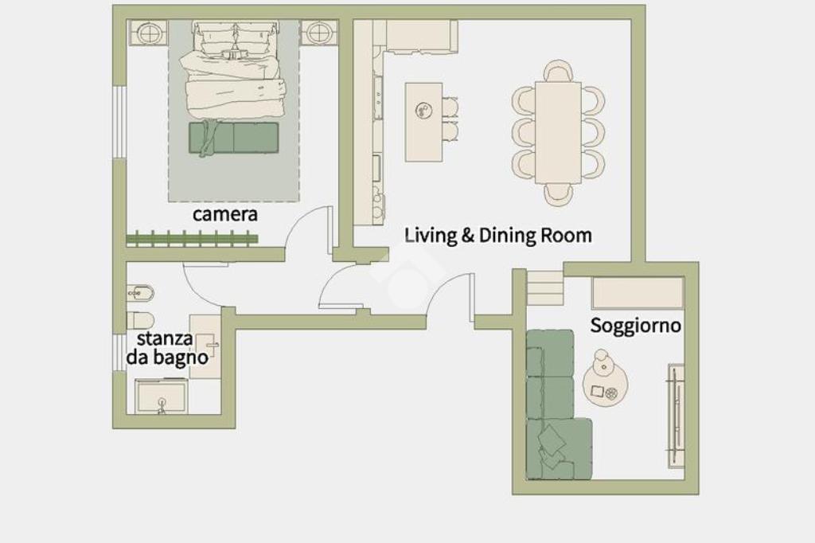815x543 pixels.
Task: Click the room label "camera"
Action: click(x=225, y=214)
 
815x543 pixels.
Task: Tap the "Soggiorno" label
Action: click(x=635, y=326)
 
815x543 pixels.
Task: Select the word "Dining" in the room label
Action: click(x=507, y=235)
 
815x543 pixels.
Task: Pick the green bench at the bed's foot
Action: click(x=233, y=138)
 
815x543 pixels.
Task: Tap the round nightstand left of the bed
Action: click(x=149, y=33)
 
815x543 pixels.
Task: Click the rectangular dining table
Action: click(x=558, y=132)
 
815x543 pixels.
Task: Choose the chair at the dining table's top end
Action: click(x=558, y=71)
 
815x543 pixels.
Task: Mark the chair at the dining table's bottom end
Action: click(x=559, y=194)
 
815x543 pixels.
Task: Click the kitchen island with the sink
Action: click(x=423, y=122)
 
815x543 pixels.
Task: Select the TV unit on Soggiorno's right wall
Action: click(x=676, y=416)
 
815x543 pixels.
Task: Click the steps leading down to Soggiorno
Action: click(x=546, y=287)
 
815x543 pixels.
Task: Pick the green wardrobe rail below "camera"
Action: click(x=193, y=239)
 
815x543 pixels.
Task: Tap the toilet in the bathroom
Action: click(x=140, y=320)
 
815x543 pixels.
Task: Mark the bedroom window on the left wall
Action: click(x=120, y=122)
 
